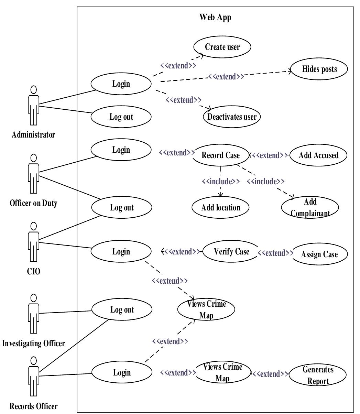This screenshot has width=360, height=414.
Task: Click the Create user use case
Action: pyautogui.click(x=222, y=47)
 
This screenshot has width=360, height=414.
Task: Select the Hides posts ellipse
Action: pyautogui.click(x=319, y=69)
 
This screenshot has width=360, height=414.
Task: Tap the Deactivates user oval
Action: pyautogui.click(x=232, y=117)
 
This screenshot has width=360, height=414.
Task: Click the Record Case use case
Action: pyautogui.click(x=220, y=155)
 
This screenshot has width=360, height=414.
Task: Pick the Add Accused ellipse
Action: pyautogui.click(x=318, y=155)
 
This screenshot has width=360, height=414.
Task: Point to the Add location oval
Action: pyautogui.click(x=221, y=207)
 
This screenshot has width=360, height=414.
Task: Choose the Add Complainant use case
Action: pyautogui.click(x=310, y=207)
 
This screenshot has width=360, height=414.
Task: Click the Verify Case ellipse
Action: pyautogui.click(x=231, y=252)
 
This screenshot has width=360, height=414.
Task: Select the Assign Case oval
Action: pyautogui.click(x=319, y=254)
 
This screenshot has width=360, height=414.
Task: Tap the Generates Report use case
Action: pyautogui.click(x=318, y=375)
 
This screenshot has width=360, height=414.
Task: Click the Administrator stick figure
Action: pyautogui.click(x=33, y=105)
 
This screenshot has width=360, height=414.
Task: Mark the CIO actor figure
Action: pyautogui.click(x=33, y=242)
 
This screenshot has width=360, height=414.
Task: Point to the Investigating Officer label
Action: pyautogui.click(x=33, y=343)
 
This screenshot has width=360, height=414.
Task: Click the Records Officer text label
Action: pyautogui.click(x=33, y=406)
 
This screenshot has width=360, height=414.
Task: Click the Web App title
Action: pyautogui.click(x=215, y=17)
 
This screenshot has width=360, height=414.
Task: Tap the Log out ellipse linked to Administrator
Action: pyautogui.click(x=121, y=117)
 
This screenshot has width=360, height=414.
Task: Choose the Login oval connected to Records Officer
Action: pyautogui.click(x=121, y=372)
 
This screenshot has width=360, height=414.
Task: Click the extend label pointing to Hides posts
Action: pyautogui.click(x=226, y=76)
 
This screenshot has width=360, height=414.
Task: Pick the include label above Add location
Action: pyautogui.click(x=220, y=181)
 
